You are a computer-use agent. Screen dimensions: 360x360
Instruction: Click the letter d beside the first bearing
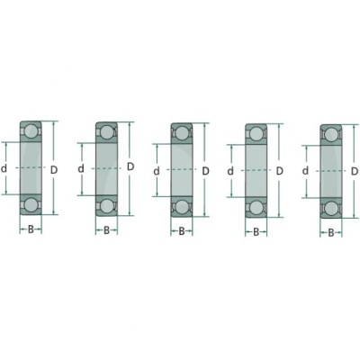click(4, 169)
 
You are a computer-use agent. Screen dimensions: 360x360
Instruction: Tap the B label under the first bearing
click(31, 230)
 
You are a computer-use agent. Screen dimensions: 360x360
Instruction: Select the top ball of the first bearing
click(31, 131)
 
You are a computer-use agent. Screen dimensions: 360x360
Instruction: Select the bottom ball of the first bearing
click(31, 205)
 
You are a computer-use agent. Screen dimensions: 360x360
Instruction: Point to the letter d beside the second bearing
click(81, 169)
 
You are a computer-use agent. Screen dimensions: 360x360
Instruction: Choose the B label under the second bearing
click(106, 230)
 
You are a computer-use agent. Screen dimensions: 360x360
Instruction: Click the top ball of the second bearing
click(106, 132)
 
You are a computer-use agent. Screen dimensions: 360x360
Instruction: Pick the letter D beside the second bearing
click(130, 166)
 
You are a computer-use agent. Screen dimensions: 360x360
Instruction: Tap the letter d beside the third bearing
click(157, 172)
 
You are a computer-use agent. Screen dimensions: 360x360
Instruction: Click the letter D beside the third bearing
click(205, 171)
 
